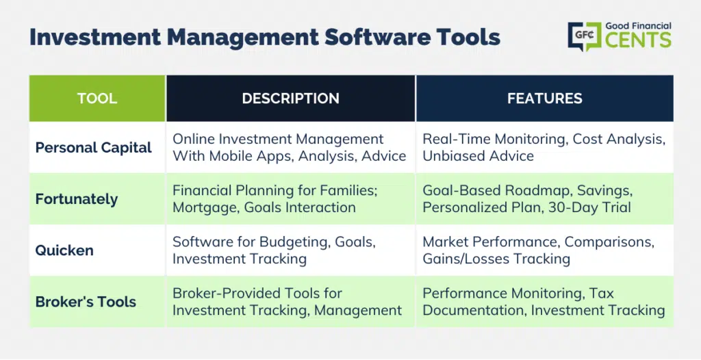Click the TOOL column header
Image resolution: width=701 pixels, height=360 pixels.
tap(97, 99)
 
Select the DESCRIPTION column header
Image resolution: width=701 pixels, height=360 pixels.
tap(290, 99)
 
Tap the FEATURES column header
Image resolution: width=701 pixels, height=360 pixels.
tap(544, 99)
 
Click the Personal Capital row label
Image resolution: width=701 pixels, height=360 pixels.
tap(93, 148)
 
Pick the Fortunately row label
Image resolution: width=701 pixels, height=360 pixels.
tap(77, 199)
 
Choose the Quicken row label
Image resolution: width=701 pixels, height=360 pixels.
tap(64, 250)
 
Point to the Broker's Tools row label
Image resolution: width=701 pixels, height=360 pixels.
tap(86, 301)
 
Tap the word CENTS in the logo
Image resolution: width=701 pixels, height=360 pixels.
tap(638, 40)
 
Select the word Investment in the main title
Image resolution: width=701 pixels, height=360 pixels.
tap(94, 37)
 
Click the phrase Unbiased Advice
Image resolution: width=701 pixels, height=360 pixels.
tap(478, 156)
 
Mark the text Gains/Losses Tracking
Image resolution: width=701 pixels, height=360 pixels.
tap(496, 259)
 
